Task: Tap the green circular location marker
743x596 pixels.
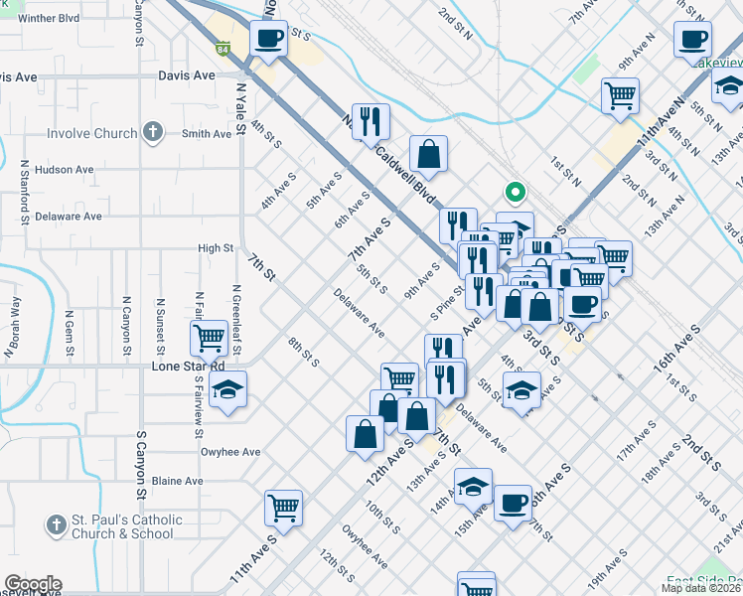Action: click(x=514, y=192)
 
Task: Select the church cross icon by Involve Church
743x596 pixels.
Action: click(x=152, y=131)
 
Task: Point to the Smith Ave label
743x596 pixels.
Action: click(x=206, y=134)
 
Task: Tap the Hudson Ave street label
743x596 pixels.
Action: click(x=64, y=170)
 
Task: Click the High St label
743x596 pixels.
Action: click(x=216, y=248)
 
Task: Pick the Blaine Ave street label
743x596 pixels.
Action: click(x=179, y=481)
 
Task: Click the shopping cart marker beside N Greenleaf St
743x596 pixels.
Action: click(x=209, y=338)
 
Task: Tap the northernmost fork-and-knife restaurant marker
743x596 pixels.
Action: click(x=371, y=121)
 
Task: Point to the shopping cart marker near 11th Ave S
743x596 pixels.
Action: click(x=283, y=508)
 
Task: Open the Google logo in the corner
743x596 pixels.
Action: click(x=32, y=584)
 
